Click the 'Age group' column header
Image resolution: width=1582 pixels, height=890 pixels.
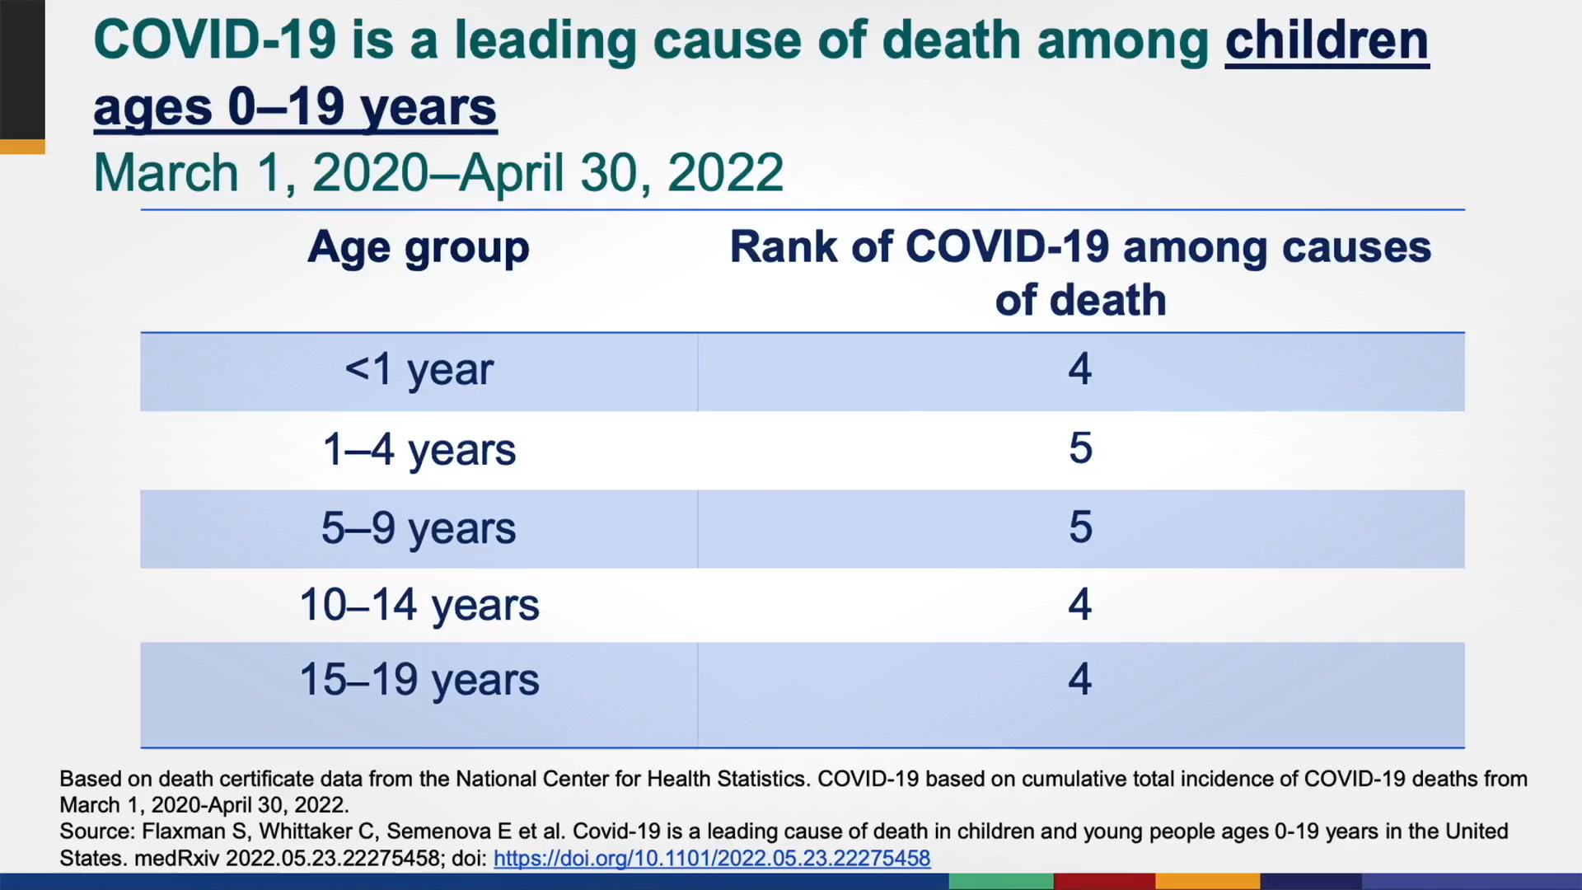418,248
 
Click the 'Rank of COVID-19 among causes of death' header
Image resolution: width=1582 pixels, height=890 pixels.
1080,273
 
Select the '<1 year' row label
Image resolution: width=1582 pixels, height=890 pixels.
419,369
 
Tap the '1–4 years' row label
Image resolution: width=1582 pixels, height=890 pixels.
419,450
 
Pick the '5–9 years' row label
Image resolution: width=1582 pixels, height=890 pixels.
419,528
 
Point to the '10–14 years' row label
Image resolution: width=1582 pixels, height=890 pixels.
419,606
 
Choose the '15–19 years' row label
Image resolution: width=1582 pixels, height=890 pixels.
419,680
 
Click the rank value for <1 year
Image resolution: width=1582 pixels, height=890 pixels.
1080,368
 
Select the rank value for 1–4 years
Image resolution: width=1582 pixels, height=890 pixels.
1080,448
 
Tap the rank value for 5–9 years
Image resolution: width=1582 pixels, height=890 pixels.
1080,527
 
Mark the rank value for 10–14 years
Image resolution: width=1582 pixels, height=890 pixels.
1080,604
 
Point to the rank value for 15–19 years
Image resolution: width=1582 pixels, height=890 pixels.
1080,679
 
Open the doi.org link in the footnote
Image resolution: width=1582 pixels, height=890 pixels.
712,859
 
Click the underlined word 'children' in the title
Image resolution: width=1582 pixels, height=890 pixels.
1327,41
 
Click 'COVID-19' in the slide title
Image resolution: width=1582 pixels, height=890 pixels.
215,40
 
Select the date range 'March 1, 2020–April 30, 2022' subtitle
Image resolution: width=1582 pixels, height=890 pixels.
438,173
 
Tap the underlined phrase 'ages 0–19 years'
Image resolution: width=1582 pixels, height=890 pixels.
295,108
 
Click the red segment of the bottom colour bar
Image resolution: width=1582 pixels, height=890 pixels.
1105,882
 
